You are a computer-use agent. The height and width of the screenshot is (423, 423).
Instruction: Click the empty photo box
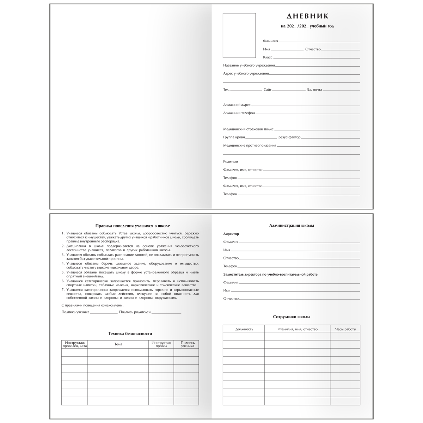(x=239, y=35)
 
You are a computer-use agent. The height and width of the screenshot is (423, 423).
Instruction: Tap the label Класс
(x=268, y=57)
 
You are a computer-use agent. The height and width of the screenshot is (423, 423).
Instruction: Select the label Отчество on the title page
(x=313, y=49)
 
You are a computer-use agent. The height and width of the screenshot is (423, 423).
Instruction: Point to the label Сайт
(x=268, y=90)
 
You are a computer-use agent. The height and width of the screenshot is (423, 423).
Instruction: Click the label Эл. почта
(x=314, y=90)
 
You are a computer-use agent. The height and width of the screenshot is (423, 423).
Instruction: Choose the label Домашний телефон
(x=239, y=113)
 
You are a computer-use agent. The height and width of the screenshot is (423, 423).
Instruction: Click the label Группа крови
(x=234, y=137)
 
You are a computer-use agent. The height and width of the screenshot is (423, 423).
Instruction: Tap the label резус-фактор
(x=289, y=137)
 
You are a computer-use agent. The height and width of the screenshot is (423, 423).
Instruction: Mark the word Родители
(x=231, y=161)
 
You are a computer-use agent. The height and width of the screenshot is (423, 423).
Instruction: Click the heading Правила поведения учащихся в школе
(x=130, y=226)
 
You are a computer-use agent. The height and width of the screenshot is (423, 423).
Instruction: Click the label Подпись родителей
(x=135, y=312)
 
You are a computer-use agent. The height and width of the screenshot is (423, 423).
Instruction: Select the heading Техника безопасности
(x=130, y=333)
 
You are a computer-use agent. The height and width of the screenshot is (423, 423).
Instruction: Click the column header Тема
(x=118, y=344)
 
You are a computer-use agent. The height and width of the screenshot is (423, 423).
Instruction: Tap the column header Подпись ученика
(x=188, y=344)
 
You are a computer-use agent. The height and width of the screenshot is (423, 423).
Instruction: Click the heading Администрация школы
(x=292, y=226)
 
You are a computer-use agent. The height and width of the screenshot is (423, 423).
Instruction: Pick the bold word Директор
(x=231, y=234)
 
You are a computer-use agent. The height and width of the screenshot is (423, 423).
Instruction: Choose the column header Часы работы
(x=345, y=329)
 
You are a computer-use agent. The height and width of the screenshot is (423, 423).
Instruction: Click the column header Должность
(x=244, y=329)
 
